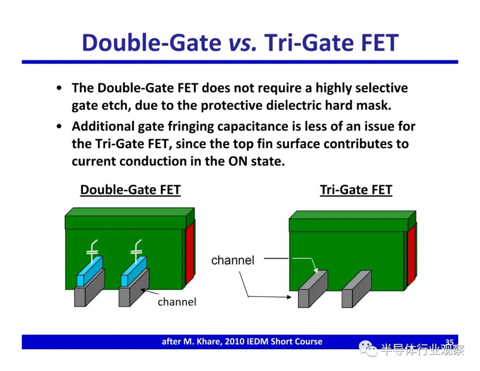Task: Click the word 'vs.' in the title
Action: [243, 43]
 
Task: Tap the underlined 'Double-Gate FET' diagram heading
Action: [130, 190]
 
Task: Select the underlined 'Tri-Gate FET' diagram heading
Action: [356, 190]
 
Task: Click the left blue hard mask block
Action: [90, 271]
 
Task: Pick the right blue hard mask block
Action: [134, 271]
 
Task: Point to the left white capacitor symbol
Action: [92, 251]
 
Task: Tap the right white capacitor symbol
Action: [136, 251]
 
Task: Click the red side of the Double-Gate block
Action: [190, 253]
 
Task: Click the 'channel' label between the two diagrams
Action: [232, 260]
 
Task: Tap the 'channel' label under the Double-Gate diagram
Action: [177, 302]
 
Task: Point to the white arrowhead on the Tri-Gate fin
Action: [316, 270]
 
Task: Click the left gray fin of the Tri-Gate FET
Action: [313, 289]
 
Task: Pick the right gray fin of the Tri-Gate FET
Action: [356, 289]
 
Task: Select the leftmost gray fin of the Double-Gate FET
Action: [89, 288]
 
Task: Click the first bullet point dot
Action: [59, 88]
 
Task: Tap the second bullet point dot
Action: [59, 126]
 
